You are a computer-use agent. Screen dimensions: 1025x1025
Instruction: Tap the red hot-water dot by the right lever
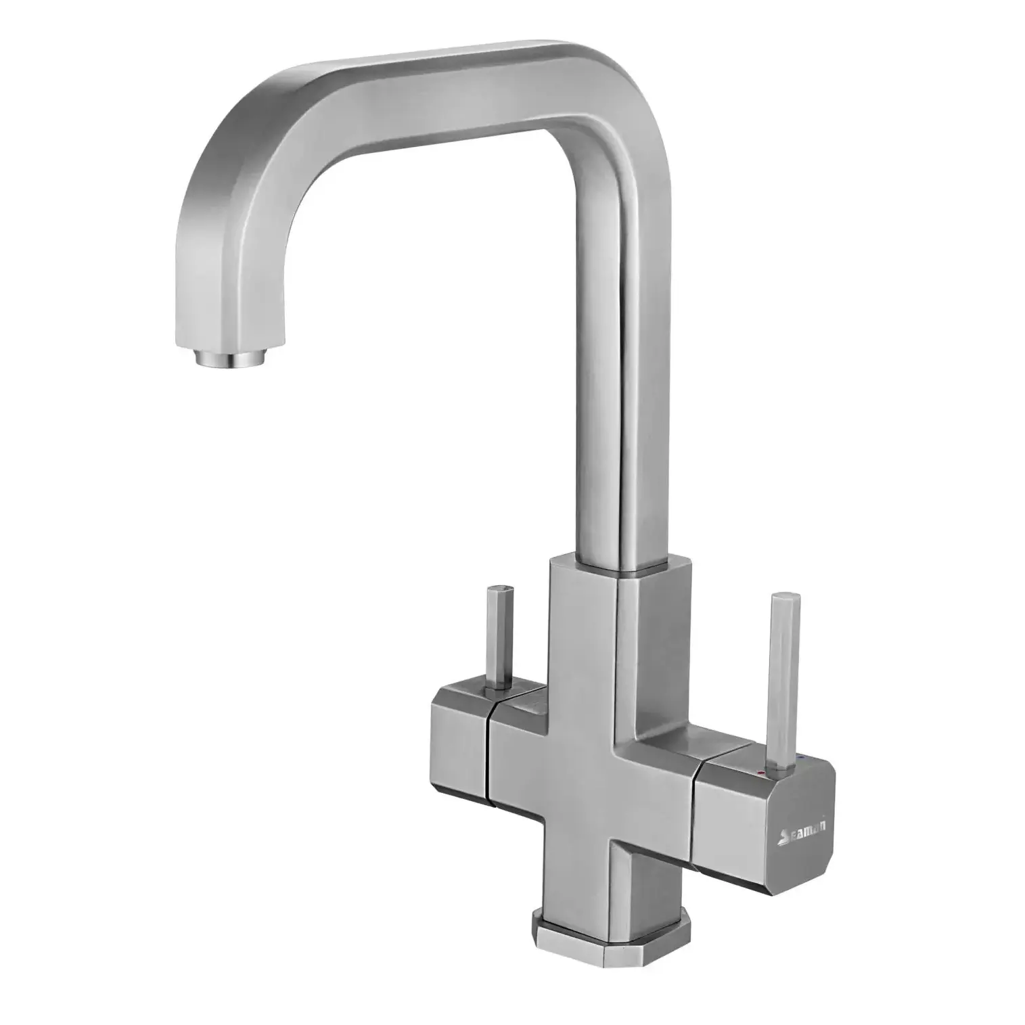[763, 772]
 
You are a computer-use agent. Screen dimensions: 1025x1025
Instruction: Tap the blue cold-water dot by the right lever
[801, 762]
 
